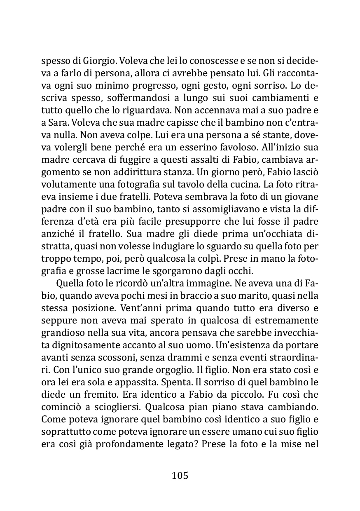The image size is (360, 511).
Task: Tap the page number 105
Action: pos(180,476)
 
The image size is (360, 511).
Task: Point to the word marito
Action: pos(234,295)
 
